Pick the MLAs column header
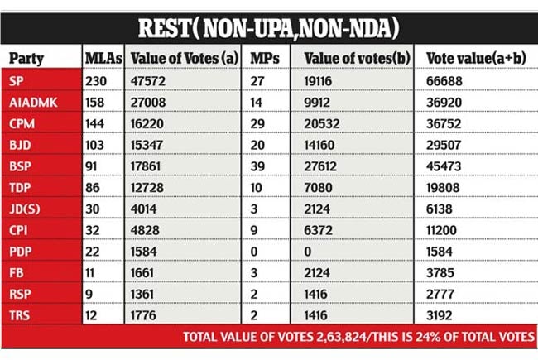(103, 58)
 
